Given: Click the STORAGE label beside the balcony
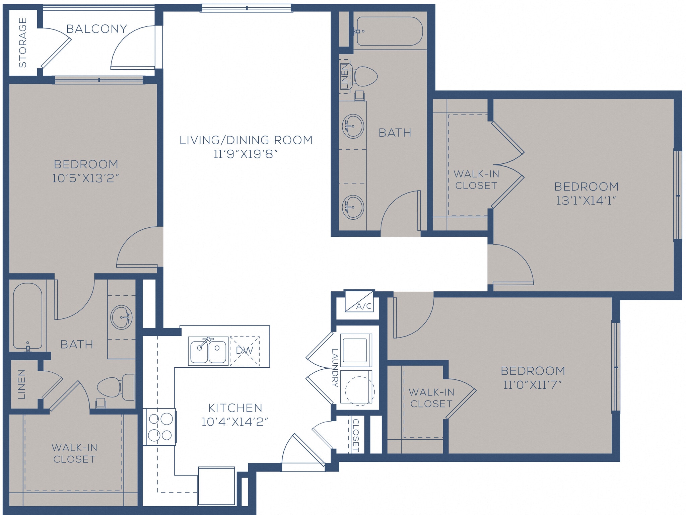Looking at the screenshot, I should tap(22, 43).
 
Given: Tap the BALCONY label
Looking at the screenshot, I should tap(96, 29).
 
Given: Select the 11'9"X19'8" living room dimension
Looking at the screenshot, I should tap(246, 154).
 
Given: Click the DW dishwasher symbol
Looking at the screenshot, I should tap(245, 351).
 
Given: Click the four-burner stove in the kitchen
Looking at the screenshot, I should tap(160, 427).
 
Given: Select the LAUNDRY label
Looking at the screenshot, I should tap(335, 368).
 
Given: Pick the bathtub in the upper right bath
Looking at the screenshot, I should tap(389, 31).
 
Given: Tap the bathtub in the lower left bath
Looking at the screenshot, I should tap(27, 316).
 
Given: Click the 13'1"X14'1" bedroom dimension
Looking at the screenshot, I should tap(586, 201).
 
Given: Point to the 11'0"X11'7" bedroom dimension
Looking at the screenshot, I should tap(532, 385).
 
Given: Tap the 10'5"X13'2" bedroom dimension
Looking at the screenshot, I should tap(86, 178).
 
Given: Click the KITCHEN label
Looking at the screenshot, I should tap(235, 408).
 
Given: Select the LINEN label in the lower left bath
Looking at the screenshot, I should tap(21, 384).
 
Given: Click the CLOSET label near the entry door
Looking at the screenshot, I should tap(356, 435).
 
